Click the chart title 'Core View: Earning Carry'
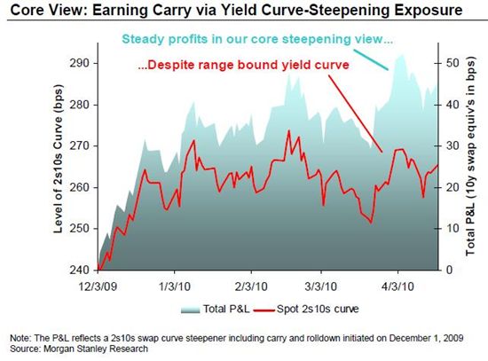point(100,10)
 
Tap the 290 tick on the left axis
point(80,63)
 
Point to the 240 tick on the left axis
point(80,270)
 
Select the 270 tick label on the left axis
point(80,145)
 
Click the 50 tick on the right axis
point(453,63)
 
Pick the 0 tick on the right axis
point(449,270)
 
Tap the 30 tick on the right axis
point(453,145)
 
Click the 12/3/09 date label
point(98,286)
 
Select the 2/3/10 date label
point(251,286)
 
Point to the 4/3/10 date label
point(397,286)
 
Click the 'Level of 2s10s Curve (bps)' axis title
point(59,159)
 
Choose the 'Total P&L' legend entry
point(216,309)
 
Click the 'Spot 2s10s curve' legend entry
point(306,309)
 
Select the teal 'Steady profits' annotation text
point(257,39)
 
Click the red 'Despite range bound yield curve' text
point(243,65)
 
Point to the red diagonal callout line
point(356,114)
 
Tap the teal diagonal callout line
point(371,59)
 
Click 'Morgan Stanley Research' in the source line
point(96,349)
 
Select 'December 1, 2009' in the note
point(426,338)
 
